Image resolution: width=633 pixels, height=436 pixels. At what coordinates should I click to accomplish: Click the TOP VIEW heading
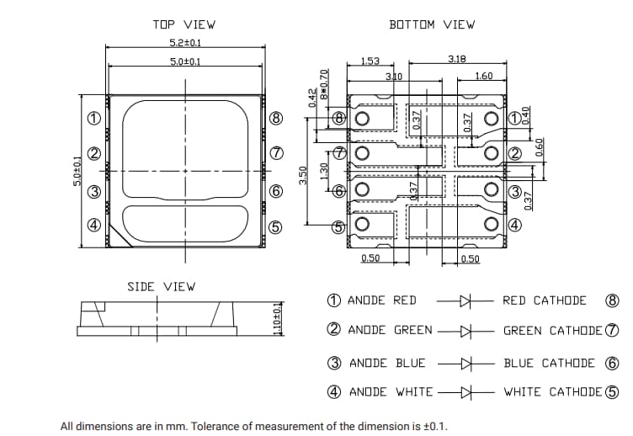point(184,24)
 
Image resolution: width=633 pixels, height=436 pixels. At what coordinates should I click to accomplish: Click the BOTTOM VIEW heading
point(432,24)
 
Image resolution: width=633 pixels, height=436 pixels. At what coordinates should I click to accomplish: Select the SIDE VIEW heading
point(161,286)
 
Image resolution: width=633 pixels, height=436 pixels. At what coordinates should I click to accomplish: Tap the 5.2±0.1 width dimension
point(185,42)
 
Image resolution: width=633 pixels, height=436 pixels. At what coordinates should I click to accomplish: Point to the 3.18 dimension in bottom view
point(458,59)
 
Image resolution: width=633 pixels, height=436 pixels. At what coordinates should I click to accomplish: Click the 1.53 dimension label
point(370,61)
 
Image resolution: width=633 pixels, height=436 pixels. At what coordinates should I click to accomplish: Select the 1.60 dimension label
point(483,76)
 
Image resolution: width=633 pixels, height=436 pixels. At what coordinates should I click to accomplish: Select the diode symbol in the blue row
point(463,364)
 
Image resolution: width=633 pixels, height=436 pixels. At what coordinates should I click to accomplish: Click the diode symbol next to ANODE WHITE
point(463,392)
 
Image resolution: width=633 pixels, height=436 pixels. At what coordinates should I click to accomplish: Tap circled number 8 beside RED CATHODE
point(612,300)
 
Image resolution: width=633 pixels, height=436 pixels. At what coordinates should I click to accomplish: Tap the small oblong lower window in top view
point(185,221)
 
